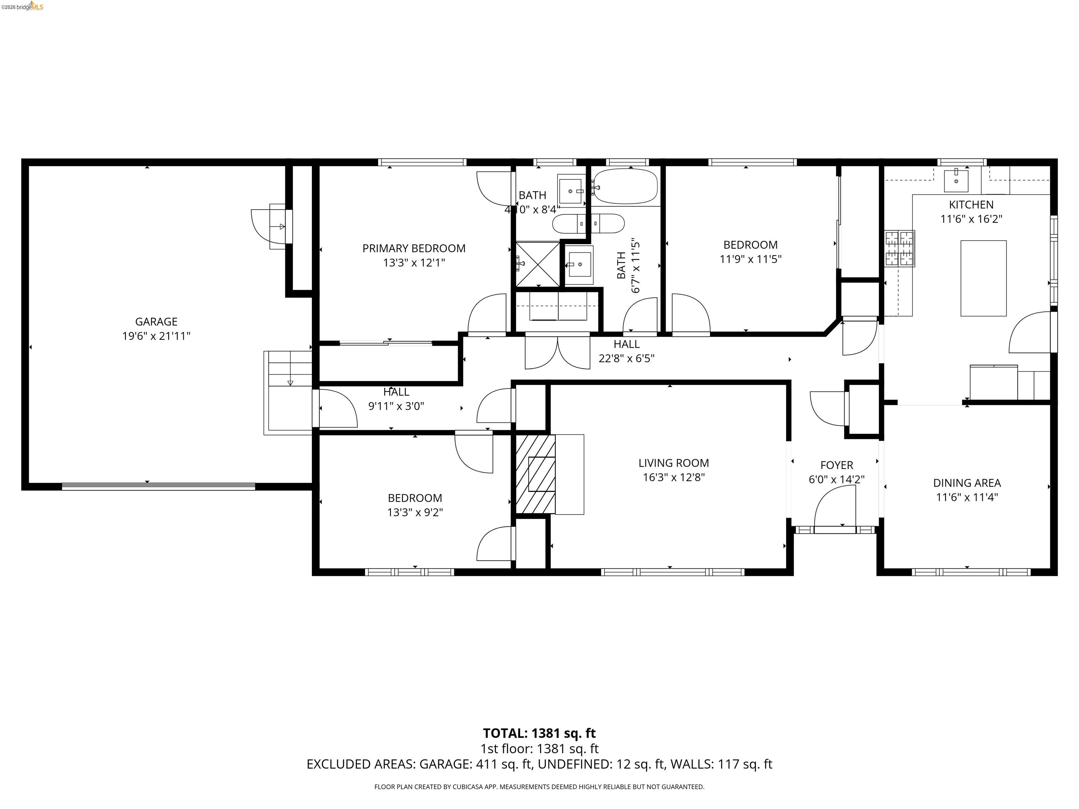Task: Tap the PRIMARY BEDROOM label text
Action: coord(414,248)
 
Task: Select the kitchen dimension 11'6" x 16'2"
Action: coord(971,219)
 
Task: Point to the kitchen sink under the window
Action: coord(956,180)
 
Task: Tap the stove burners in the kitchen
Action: coord(900,249)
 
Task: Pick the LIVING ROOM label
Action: coord(673,463)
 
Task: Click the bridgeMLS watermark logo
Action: coord(22,6)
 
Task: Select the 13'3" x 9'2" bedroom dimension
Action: coord(414,512)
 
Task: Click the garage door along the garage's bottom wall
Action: coord(158,486)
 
